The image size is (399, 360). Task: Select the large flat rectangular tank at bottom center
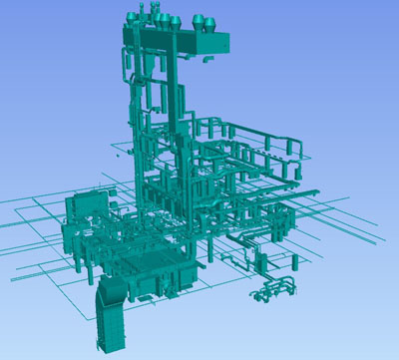(160, 268)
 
